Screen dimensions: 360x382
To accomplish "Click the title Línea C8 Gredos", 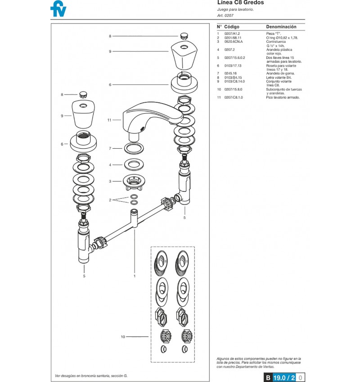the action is pos(240,3).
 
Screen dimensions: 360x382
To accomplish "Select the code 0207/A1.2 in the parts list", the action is pos(232,34).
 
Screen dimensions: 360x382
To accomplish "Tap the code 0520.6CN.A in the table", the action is pos(234,41).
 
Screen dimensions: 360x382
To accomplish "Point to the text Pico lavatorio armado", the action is pos(283,97).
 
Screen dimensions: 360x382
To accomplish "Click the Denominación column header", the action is pos(281,27).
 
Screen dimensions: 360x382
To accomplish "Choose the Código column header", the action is pos(232,27).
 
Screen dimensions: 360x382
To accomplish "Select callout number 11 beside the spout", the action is pos(109,120).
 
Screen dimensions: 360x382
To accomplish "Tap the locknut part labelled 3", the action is pos(133,182).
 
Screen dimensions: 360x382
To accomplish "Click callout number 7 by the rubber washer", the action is pos(110,148).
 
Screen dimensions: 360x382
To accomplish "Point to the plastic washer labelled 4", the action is pos(134,164).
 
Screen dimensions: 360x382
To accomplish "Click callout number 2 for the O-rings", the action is pos(110,200).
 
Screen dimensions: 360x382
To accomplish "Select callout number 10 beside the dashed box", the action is pos(123,337).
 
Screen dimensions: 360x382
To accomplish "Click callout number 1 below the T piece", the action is pos(135,276).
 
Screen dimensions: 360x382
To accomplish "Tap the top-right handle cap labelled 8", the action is pos(184,36).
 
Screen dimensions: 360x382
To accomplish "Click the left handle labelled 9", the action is pos(83,114).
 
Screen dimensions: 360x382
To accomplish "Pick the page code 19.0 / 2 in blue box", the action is pos(284,377).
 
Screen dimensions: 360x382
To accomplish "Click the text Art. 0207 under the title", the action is pos(225,15).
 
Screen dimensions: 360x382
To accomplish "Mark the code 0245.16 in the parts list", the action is pos(230,73).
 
